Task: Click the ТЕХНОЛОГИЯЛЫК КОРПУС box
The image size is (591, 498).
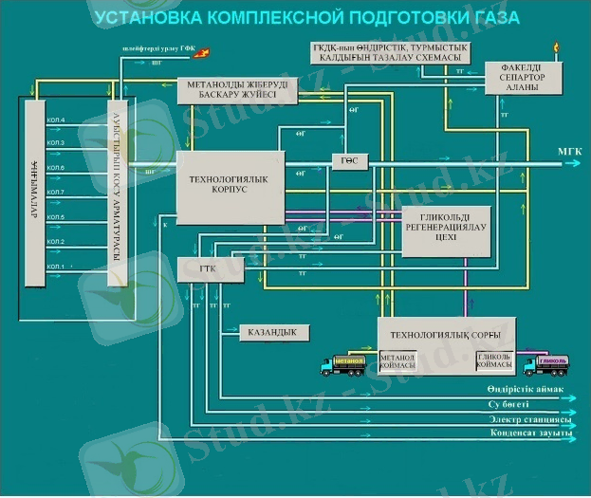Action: (231, 187)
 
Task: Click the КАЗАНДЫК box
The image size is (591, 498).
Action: (273, 333)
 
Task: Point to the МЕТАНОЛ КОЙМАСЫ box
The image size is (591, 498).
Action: (397, 361)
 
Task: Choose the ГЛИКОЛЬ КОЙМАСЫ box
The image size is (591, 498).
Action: (494, 361)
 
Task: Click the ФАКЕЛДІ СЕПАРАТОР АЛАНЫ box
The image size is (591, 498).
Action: (523, 79)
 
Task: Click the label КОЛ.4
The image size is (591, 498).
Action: (55, 120)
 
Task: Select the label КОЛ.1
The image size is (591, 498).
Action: (55, 267)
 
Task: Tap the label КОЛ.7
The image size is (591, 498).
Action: (55, 193)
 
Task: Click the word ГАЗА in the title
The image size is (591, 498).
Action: (489, 18)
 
